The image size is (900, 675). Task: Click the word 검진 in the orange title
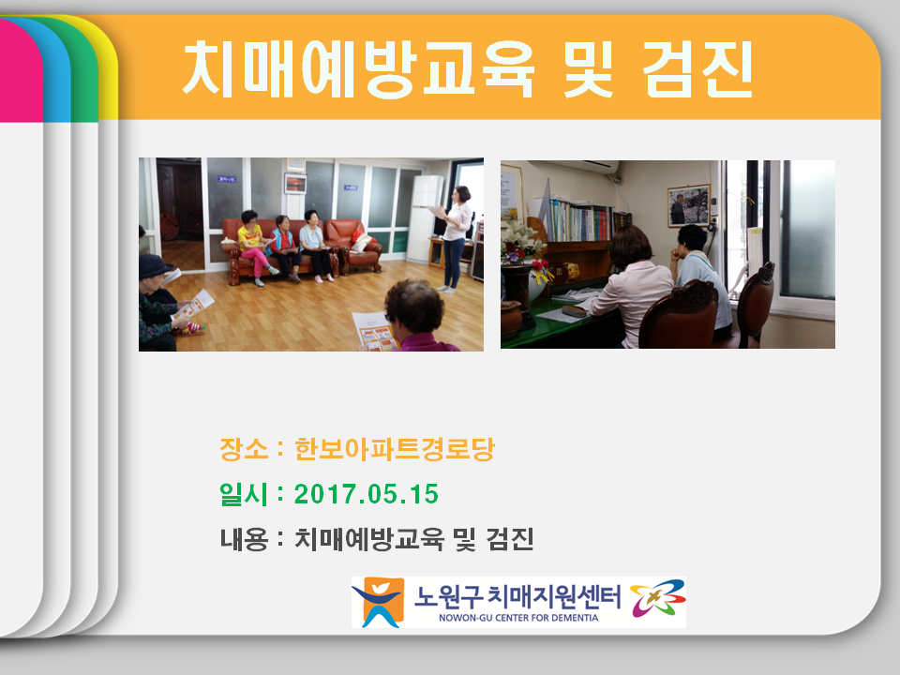click(x=697, y=69)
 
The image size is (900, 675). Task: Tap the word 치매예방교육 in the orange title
click(x=359, y=69)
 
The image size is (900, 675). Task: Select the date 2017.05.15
click(x=367, y=494)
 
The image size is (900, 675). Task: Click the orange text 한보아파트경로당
click(x=395, y=449)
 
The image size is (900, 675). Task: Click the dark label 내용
click(x=244, y=539)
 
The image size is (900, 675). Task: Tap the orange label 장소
click(x=244, y=449)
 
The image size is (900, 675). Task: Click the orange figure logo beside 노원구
click(x=378, y=602)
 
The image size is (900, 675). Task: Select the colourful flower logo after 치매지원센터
click(x=658, y=598)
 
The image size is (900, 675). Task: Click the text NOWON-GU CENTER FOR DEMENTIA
click(x=518, y=618)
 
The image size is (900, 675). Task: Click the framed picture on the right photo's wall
click(x=688, y=205)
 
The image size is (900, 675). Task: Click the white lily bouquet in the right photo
click(x=521, y=240)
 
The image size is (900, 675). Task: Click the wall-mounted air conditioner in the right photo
click(x=574, y=167)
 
